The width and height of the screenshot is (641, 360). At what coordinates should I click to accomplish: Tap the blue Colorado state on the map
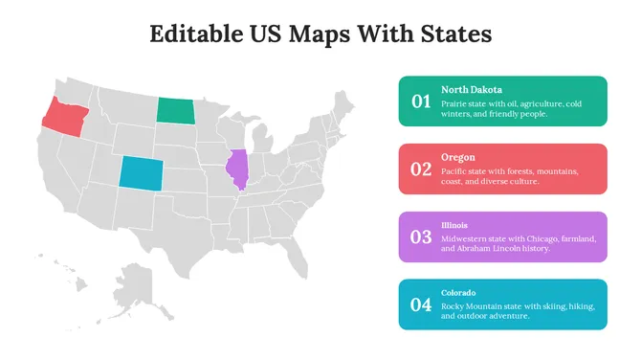tap(140, 172)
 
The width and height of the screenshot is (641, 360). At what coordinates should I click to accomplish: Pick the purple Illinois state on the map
tap(236, 169)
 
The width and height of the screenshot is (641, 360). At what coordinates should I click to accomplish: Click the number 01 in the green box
tap(421, 101)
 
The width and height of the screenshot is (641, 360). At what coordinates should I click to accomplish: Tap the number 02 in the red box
tap(421, 169)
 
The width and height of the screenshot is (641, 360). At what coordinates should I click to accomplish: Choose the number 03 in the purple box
tap(421, 236)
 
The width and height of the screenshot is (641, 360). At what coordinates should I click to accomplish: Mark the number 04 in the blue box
tap(421, 304)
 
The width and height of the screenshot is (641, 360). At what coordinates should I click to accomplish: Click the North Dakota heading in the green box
tap(472, 90)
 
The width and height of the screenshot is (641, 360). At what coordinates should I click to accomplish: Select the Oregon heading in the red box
tap(457, 157)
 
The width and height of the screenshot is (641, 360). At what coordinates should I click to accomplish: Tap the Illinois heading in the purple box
tap(454, 226)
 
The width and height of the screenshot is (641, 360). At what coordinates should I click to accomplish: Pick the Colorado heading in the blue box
tap(458, 293)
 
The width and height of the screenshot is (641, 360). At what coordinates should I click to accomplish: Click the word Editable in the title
tap(195, 34)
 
